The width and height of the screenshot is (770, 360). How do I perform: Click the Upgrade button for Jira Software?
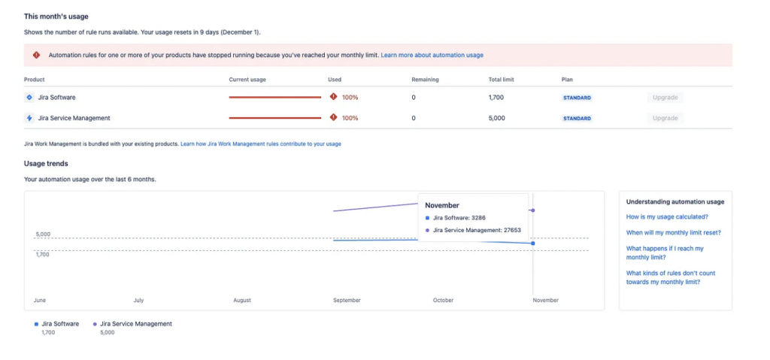[x=665, y=97]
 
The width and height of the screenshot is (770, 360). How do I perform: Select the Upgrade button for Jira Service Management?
[x=665, y=118]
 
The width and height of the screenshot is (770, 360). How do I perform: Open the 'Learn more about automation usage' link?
[x=432, y=55]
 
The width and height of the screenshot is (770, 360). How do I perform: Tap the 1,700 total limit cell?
[x=496, y=97]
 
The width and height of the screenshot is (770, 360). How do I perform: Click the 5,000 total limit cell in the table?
[x=496, y=118]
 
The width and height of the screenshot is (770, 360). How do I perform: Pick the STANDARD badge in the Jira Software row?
[x=577, y=98]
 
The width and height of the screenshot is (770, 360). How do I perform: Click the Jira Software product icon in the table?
[x=29, y=97]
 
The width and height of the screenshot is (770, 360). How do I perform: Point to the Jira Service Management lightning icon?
[x=29, y=118]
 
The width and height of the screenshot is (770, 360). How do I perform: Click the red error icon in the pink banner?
[x=36, y=55]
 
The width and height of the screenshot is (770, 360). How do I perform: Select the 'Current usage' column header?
[x=247, y=79]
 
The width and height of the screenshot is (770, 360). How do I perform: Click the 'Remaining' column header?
[x=425, y=79]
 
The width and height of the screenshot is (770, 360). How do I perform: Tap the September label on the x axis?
[x=347, y=300]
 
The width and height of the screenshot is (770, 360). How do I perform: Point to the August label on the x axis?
[x=242, y=300]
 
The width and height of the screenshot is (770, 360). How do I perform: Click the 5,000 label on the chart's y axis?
[x=43, y=234]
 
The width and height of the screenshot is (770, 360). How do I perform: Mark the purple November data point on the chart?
[x=533, y=210]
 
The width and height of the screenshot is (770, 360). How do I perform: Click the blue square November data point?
[x=533, y=244]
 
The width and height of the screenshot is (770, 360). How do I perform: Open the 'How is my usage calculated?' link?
[x=667, y=216]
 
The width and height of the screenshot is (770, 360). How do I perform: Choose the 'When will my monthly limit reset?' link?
[x=674, y=232]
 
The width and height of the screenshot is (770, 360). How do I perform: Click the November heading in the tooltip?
[x=442, y=205]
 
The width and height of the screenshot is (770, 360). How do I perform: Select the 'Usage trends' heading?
[x=46, y=163]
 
